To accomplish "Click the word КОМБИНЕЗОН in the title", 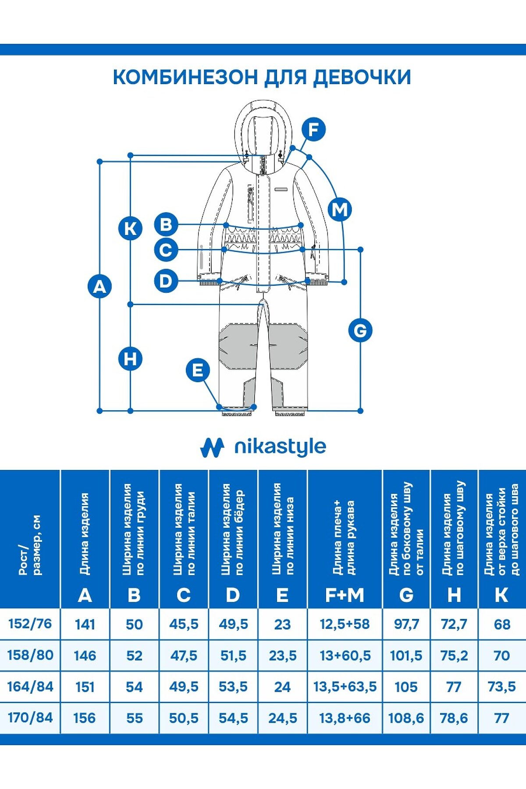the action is (x=185, y=77).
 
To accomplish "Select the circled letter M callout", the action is (x=340, y=210).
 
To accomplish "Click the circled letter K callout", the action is (x=130, y=228).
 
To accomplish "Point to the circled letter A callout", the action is (x=100, y=287).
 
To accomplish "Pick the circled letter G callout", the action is (x=360, y=330).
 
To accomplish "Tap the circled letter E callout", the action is (x=198, y=370).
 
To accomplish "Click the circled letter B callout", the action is (x=166, y=224).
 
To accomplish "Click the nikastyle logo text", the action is (x=280, y=447).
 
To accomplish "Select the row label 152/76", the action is (x=30, y=623).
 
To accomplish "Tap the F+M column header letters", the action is (x=345, y=595).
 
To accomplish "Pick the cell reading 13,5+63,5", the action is (x=345, y=686).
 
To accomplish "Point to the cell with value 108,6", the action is (x=406, y=718).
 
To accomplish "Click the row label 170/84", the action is (x=30, y=718).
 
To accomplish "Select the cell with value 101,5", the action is (x=406, y=655).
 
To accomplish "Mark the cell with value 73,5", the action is (x=501, y=686).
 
